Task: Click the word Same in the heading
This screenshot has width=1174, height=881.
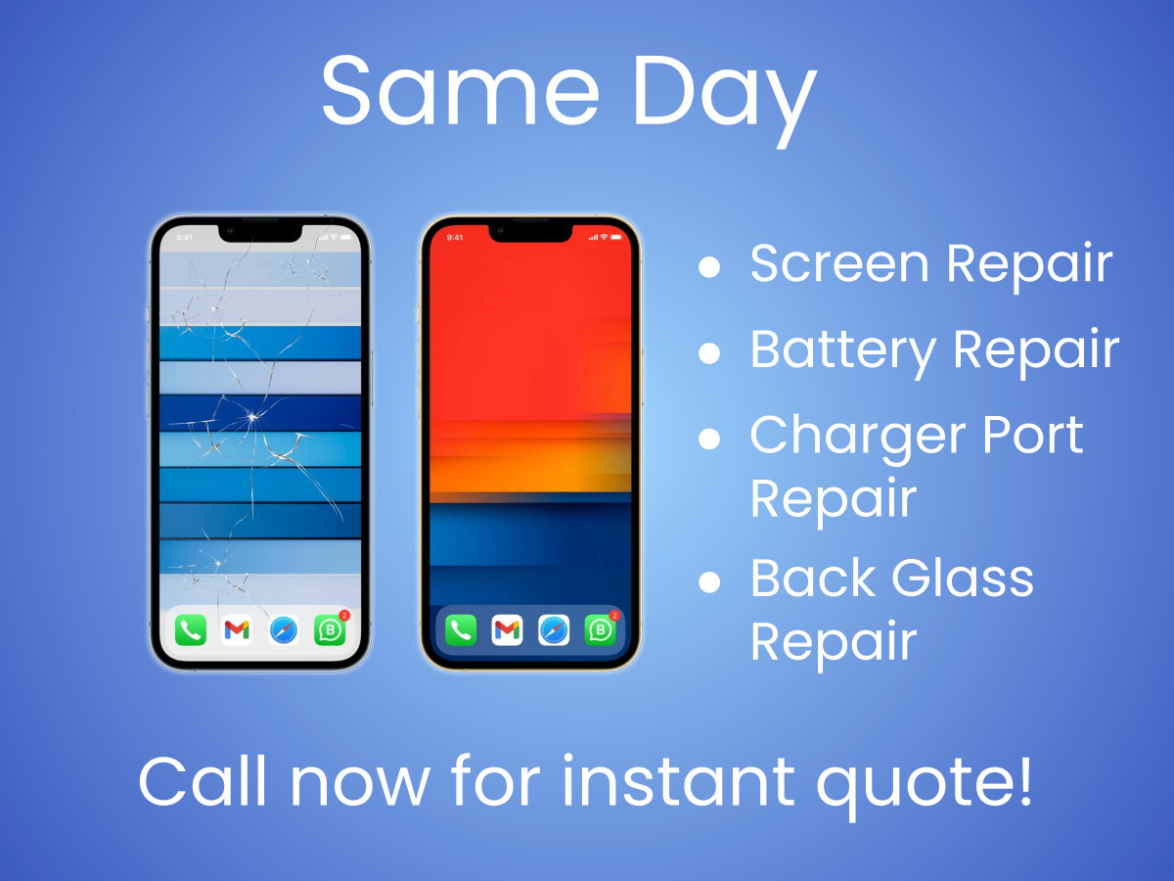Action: (460, 91)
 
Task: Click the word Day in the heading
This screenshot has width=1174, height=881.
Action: (725, 100)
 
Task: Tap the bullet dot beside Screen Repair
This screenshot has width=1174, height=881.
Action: (709, 266)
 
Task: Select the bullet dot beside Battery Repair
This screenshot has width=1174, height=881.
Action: (709, 353)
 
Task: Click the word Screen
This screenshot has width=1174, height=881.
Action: (839, 263)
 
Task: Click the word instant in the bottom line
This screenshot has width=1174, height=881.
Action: (678, 780)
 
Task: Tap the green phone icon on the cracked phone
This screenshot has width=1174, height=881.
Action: (191, 630)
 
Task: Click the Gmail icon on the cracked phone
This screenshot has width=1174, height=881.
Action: (237, 630)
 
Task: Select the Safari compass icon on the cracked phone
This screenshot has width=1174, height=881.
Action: (284, 630)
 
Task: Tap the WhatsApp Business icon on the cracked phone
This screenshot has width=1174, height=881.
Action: (330, 630)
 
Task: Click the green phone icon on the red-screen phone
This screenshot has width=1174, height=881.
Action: (461, 630)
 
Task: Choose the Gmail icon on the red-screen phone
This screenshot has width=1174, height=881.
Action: (507, 630)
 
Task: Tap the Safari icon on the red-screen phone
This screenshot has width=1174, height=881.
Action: (554, 630)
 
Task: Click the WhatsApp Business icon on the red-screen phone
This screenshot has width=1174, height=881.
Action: (600, 630)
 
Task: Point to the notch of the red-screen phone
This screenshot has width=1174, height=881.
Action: (530, 233)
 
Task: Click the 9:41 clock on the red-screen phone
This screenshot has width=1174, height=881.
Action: (455, 238)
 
